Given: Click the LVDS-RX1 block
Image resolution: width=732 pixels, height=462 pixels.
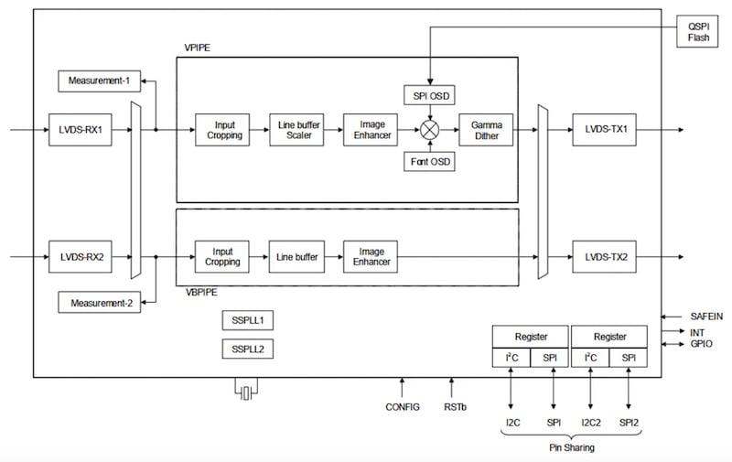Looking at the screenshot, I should click(81, 130).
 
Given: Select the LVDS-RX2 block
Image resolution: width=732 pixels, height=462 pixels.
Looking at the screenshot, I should click(81, 258).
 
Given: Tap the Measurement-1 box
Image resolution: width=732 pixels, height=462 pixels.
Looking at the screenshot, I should click(94, 81).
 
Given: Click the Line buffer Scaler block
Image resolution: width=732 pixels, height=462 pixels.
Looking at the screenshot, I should click(294, 130).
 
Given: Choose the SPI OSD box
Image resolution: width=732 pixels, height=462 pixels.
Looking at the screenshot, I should click(429, 95).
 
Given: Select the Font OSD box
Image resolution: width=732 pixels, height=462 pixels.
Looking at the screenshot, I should click(429, 162).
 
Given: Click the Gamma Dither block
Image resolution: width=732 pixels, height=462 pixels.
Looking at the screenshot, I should click(487, 130).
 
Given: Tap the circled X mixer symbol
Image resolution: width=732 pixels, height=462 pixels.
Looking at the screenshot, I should click(429, 130).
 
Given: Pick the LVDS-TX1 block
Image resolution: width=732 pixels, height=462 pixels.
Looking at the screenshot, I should click(606, 130).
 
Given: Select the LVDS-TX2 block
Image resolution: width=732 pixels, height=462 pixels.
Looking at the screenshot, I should click(606, 258).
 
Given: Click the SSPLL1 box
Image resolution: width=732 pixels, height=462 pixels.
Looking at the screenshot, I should click(248, 320).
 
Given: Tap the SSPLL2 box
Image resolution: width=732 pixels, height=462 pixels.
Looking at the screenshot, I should click(248, 349).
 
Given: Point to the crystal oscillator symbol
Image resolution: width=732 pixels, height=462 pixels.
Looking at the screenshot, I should click(244, 393).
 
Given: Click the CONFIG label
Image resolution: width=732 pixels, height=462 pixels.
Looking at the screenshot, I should click(402, 406).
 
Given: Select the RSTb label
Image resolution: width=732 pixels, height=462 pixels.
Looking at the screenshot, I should click(453, 406).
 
